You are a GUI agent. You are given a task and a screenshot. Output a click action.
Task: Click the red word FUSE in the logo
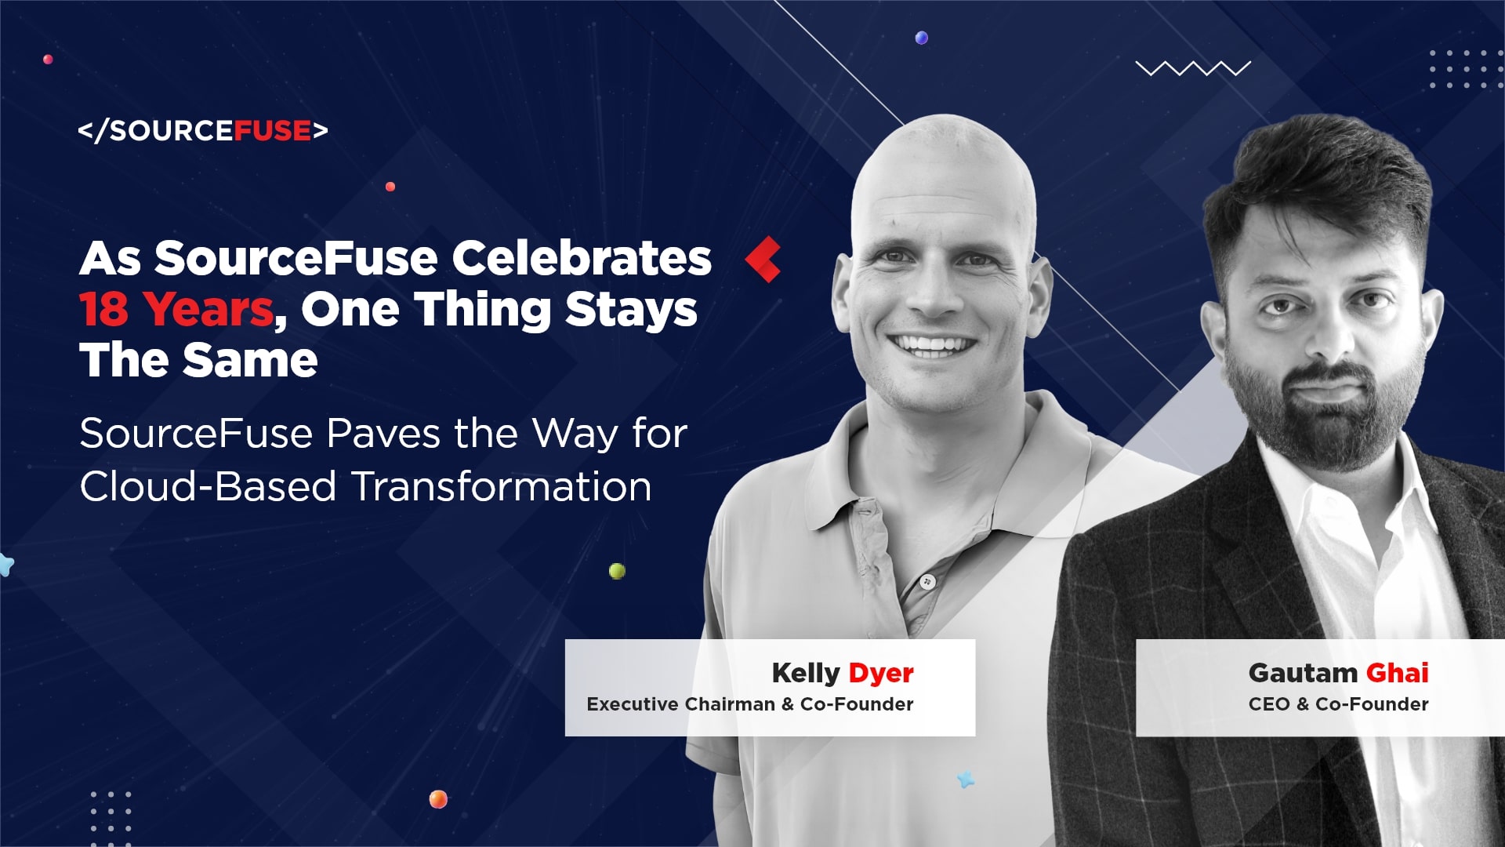pos(273,130)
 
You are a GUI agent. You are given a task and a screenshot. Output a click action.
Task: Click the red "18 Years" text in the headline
pos(176,309)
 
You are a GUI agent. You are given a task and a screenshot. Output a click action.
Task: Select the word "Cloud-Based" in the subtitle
pos(209,486)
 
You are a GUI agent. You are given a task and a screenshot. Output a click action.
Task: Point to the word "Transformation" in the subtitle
pos(502,486)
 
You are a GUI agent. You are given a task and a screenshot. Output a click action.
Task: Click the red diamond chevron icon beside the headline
pos(762,259)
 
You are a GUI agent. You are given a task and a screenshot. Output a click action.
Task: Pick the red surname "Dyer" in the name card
pos(881,673)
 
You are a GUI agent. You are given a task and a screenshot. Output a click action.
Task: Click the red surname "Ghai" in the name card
pos(1398,673)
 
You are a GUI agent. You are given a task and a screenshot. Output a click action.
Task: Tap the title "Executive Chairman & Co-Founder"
pos(750,704)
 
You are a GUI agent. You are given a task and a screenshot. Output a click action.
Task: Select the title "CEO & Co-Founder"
pos(1339,704)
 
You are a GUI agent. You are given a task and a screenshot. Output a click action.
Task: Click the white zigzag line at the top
pos(1193,69)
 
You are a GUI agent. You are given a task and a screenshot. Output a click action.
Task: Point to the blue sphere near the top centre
pos(922,38)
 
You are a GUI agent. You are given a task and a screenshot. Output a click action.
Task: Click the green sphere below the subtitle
pos(618,571)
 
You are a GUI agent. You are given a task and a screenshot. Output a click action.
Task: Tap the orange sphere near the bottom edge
pos(438,799)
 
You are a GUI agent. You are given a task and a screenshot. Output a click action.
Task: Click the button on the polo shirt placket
pos(928,582)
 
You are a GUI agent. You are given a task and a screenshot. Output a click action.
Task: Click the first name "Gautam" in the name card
pos(1303,673)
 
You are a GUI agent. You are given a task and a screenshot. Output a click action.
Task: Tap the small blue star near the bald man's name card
pos(966,779)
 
